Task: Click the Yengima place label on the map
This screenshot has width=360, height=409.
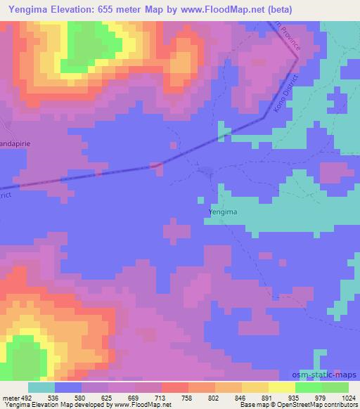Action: click(222, 210)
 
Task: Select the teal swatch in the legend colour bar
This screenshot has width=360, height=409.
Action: click(41, 387)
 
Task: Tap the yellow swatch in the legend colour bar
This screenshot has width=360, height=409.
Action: click(281, 387)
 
